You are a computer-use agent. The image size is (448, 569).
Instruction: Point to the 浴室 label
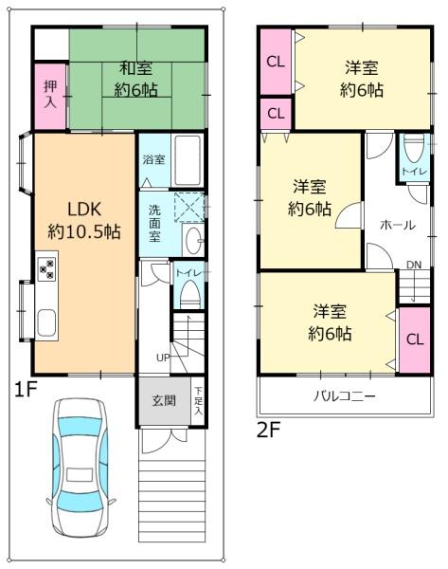(x=153, y=159)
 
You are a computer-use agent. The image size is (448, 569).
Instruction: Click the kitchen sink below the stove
(x=46, y=322)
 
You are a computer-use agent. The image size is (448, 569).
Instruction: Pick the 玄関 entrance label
(x=163, y=400)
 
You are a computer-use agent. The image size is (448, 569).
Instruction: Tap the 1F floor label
(x=25, y=388)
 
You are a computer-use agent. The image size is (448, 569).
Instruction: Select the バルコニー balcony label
(x=344, y=395)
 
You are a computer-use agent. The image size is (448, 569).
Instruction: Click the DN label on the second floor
(x=414, y=264)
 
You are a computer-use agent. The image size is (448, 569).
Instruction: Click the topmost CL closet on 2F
(x=276, y=63)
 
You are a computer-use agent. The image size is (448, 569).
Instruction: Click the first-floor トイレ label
(x=187, y=272)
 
